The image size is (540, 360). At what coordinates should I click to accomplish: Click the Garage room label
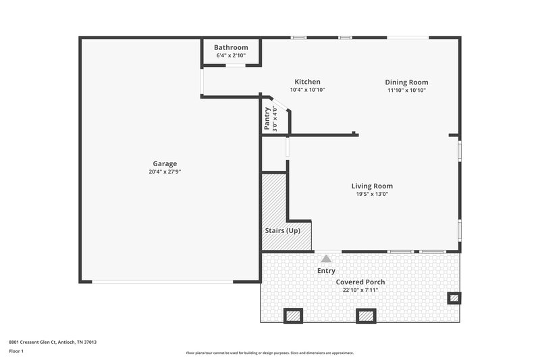pyautogui.click(x=165, y=163)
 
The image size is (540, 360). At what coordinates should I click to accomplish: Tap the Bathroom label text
pyautogui.click(x=231, y=47)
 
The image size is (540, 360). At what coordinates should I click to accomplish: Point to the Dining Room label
pyautogui.click(x=407, y=82)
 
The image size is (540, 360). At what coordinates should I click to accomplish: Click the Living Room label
pyautogui.click(x=372, y=186)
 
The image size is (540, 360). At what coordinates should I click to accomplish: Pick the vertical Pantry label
pyautogui.click(x=267, y=118)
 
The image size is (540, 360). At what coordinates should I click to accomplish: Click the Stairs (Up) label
pyautogui.click(x=282, y=230)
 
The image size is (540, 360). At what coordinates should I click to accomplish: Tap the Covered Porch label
pyautogui.click(x=360, y=282)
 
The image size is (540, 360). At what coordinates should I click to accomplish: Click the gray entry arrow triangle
pyautogui.click(x=327, y=258)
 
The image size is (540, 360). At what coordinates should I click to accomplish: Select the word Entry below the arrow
pyautogui.click(x=326, y=271)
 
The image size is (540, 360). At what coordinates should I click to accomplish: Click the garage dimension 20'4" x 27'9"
pyautogui.click(x=165, y=172)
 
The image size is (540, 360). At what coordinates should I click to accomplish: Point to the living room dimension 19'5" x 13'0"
pyautogui.click(x=372, y=194)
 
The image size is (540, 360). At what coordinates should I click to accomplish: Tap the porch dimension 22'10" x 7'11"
pyautogui.click(x=360, y=290)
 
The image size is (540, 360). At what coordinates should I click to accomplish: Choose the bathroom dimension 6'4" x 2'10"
pyautogui.click(x=231, y=55)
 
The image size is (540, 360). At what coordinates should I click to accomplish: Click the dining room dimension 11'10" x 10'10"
pyautogui.click(x=407, y=90)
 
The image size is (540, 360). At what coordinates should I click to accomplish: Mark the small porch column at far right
pyautogui.click(x=454, y=297)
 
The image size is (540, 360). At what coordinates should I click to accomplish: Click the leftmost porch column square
pyautogui.click(x=293, y=315)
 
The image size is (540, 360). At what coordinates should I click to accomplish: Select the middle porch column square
pyautogui.click(x=366, y=315)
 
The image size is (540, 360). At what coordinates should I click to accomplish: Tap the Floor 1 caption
pyautogui.click(x=16, y=351)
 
